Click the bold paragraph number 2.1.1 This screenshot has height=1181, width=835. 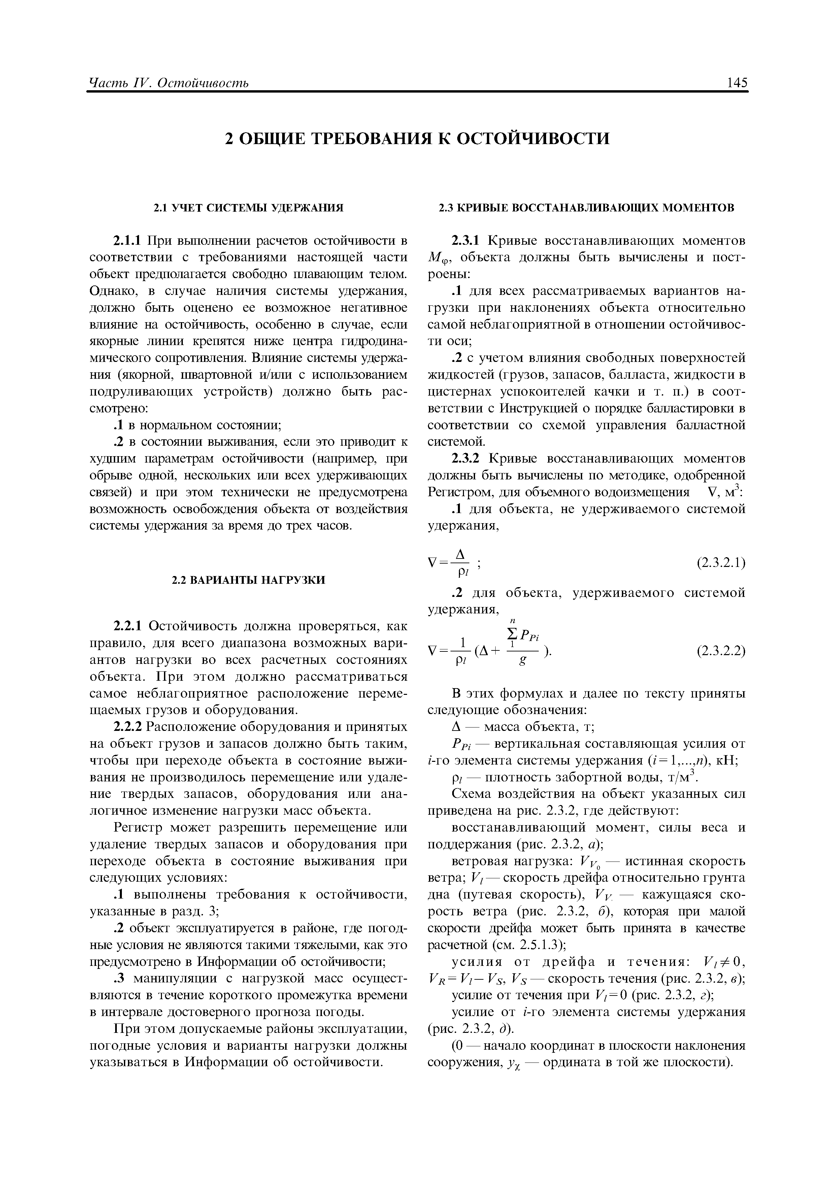(x=128, y=240)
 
